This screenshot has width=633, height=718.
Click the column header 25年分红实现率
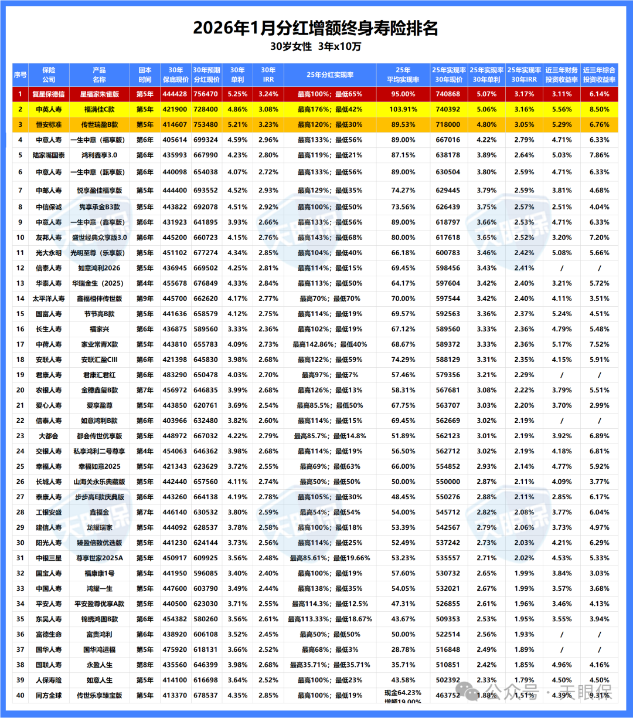[330, 74]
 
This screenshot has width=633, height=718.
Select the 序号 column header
[20, 74]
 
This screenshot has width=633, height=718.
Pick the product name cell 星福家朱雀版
[99, 94]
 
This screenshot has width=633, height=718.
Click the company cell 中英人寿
[49, 109]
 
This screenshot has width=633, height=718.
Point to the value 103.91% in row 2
[403, 109]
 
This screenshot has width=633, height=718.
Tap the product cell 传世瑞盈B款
[99, 124]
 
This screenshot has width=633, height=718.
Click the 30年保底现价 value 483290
[175, 375]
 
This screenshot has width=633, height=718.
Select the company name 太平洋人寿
[49, 299]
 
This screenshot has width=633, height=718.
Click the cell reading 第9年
[145, 299]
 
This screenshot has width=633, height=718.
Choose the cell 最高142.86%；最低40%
[330, 344]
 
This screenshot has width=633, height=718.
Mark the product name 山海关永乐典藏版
[99, 482]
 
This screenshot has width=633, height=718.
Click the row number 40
[20, 695]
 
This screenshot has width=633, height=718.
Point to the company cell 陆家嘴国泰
[49, 155]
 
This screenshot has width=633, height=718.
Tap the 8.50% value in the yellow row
[599, 109]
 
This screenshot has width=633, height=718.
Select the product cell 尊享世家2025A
[99, 558]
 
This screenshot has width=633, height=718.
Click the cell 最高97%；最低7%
[330, 375]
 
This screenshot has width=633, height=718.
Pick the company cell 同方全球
[49, 695]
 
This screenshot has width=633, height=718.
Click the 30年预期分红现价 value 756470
[206, 94]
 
